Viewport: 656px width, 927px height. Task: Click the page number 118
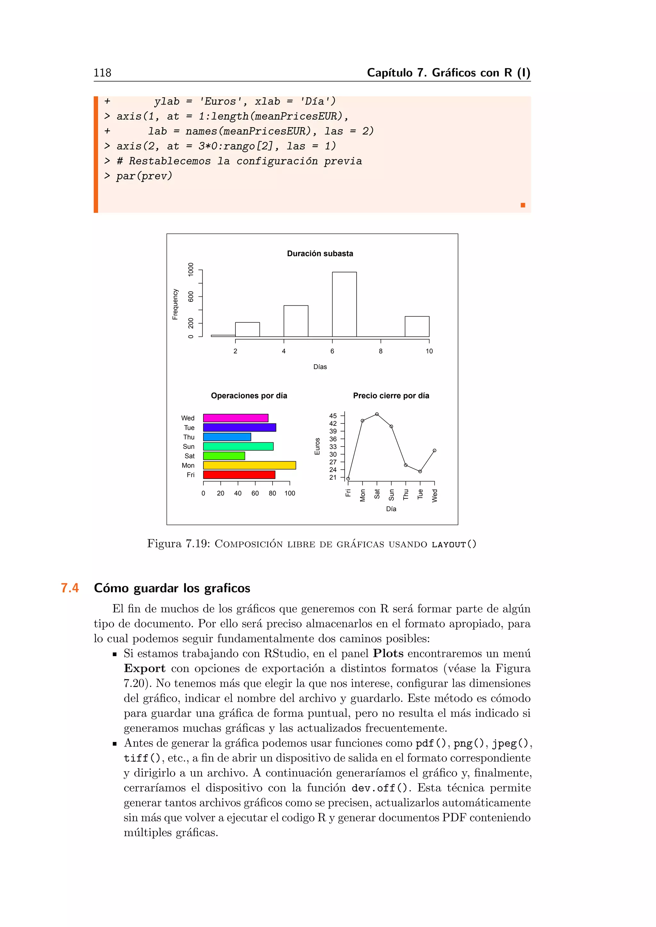(x=102, y=73)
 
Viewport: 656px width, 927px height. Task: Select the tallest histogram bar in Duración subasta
(x=344, y=304)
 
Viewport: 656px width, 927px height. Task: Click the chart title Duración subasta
(x=320, y=254)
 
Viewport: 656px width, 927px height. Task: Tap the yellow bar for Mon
(x=249, y=465)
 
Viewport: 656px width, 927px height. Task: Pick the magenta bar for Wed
(x=235, y=418)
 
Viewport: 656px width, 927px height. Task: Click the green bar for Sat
(x=224, y=456)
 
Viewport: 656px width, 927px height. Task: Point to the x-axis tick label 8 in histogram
(x=381, y=351)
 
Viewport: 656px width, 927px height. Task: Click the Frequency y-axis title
(x=175, y=304)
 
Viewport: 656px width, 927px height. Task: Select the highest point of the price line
(x=376, y=414)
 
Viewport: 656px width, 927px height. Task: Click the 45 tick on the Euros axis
(x=332, y=416)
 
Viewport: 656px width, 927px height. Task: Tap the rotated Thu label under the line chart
(x=406, y=495)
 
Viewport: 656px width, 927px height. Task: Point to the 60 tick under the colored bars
(x=255, y=493)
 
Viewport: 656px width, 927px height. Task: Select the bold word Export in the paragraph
(x=144, y=668)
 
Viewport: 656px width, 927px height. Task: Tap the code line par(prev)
(x=144, y=176)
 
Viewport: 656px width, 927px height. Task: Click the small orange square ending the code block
(x=523, y=205)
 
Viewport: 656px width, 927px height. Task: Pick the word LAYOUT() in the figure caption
(x=454, y=544)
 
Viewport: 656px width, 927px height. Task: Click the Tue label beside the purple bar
(x=189, y=428)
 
